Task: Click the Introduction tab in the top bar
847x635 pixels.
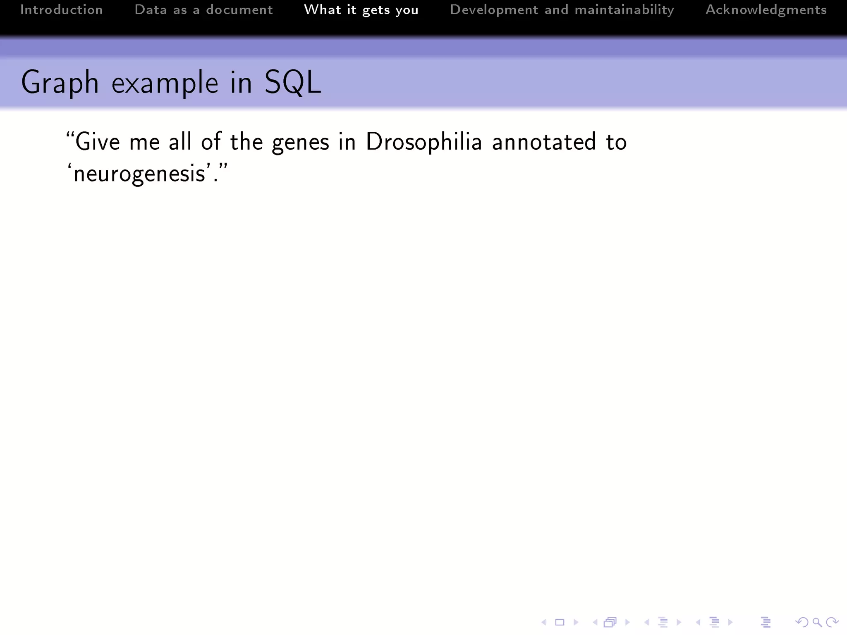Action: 62,10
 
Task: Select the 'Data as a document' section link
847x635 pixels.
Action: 203,10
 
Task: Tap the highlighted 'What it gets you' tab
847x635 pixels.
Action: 361,10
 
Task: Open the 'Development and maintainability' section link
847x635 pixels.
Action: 562,10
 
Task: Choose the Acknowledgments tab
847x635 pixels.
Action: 766,10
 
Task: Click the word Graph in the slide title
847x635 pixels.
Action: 60,83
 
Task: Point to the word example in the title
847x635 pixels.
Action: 165,83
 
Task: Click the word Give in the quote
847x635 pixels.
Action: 98,142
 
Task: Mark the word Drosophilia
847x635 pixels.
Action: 424,142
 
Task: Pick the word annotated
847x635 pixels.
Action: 544,142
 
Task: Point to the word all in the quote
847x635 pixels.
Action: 180,142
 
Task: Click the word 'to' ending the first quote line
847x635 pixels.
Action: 616,142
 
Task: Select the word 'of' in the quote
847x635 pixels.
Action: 211,142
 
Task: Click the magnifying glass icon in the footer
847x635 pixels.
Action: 816,622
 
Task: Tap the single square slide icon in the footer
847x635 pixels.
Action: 560,622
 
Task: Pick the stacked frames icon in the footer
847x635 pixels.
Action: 610,622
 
